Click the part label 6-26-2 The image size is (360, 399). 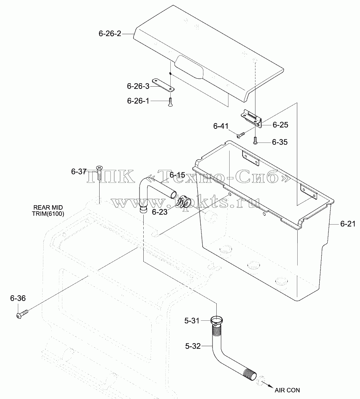tap(110, 33)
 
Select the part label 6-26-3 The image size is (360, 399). tap(138, 86)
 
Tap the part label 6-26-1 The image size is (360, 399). tap(138, 101)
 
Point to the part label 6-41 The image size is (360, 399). tap(221, 126)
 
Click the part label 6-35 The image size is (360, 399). tap(280, 142)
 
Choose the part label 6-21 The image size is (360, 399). tap(348, 224)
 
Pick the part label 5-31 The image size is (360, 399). tap(192, 321)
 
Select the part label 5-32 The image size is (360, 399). tap(193, 346)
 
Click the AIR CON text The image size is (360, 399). tap(287, 390)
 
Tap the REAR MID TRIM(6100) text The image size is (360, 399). tap(48, 211)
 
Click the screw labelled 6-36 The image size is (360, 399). tap(22, 314)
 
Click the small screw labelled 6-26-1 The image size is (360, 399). tap(170, 102)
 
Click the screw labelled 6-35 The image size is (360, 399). tap(255, 141)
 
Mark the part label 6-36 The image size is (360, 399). tap(18, 298)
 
